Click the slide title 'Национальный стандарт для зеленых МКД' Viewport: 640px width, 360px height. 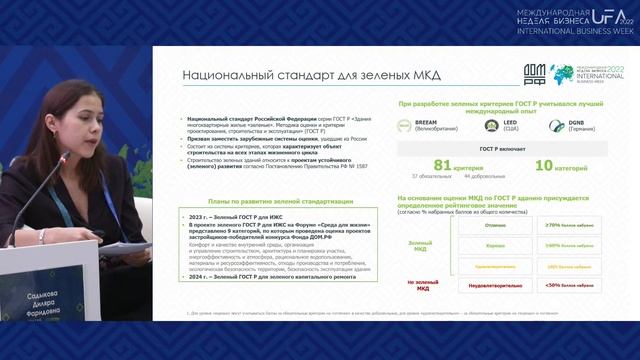263,74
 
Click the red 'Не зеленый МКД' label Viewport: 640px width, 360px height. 425,283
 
